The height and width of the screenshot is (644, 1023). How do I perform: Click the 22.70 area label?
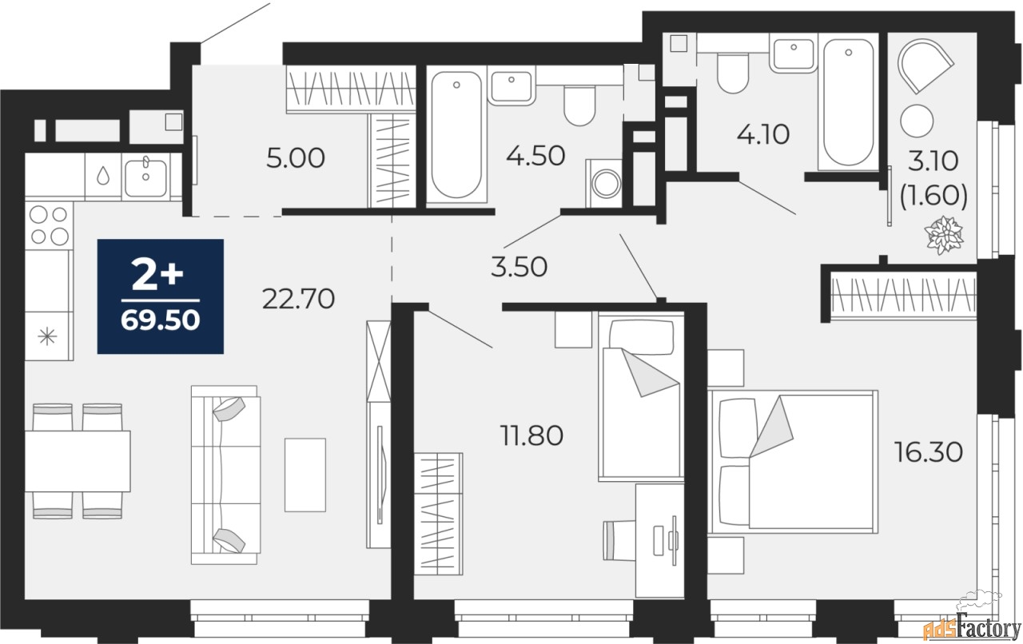pos(298,299)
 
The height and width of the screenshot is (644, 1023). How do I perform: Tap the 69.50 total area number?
pos(161,320)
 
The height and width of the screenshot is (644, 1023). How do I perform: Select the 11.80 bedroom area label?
pos(531,435)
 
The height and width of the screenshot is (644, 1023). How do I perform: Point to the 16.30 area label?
pos(929,452)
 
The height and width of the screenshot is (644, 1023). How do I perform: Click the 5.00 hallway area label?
pos(296,158)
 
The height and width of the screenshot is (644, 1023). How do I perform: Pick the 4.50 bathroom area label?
pos(535,156)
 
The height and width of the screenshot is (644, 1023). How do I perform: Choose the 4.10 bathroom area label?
pos(763,134)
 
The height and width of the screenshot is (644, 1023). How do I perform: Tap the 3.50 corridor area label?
pos(519,267)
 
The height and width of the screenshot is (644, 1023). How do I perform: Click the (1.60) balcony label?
pos(933,196)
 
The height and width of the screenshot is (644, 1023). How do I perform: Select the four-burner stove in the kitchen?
pos(49,225)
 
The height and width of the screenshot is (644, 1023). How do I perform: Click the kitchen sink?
pos(145,177)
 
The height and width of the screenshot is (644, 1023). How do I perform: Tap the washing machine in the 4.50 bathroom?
pos(604,184)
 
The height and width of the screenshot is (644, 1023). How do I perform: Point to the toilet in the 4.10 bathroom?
pos(733,73)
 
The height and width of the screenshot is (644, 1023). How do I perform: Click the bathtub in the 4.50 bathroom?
pos(456,134)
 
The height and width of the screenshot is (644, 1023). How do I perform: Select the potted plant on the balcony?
pos(944,235)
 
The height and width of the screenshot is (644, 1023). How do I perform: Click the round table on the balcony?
pos(917,121)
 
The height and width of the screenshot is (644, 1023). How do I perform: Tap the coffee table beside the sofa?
pos(305,475)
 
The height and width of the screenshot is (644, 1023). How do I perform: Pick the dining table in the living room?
pos(78,461)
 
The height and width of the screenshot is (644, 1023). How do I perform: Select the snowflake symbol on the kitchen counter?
pos(47,337)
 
